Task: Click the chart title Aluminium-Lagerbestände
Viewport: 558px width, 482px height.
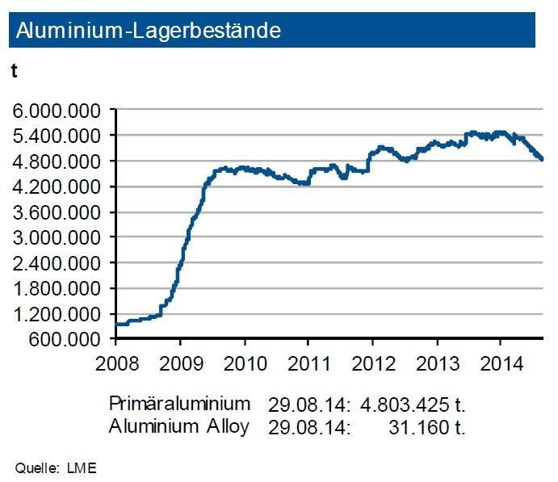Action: [x=149, y=31]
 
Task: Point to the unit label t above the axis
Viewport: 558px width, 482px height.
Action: [x=14, y=71]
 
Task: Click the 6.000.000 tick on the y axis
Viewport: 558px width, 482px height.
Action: [x=57, y=110]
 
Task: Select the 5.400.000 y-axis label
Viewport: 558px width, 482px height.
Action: [x=57, y=136]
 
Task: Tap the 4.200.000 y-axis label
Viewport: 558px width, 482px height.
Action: [x=57, y=187]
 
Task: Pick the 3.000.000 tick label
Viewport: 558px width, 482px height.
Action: [x=57, y=237]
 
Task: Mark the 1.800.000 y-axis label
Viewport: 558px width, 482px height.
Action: [x=57, y=288]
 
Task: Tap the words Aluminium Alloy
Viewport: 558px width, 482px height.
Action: [x=178, y=425]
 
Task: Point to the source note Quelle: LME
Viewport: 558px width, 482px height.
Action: [x=56, y=466]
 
